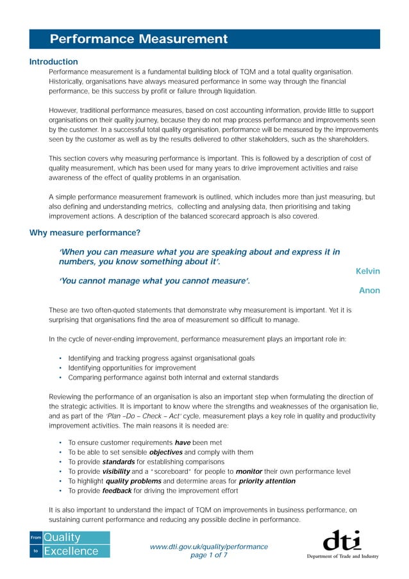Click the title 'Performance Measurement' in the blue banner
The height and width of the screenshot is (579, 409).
pyautogui.click(x=138, y=39)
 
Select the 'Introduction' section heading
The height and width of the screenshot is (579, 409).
pyautogui.click(x=54, y=62)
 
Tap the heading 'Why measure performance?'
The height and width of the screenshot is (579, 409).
pyautogui.click(x=85, y=232)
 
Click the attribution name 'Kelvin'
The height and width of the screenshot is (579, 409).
pyautogui.click(x=367, y=271)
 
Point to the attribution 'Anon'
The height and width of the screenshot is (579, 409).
pyautogui.click(x=369, y=290)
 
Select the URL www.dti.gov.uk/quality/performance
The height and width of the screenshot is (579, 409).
pyautogui.click(x=208, y=546)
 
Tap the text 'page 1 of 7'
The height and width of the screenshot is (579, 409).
pyautogui.click(x=208, y=555)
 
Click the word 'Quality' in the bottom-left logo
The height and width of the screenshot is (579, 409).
pyautogui.click(x=62, y=537)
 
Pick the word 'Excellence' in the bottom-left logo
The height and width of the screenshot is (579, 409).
pyautogui.click(x=71, y=551)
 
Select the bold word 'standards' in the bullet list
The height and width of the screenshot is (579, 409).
pyautogui.click(x=118, y=462)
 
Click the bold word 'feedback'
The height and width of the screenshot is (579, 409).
pyautogui.click(x=117, y=491)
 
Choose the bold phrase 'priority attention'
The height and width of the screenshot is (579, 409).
pyautogui.click(x=267, y=481)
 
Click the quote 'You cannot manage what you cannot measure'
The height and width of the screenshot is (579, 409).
pyautogui.click(x=154, y=281)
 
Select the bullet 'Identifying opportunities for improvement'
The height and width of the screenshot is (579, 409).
pyautogui.click(x=131, y=368)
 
